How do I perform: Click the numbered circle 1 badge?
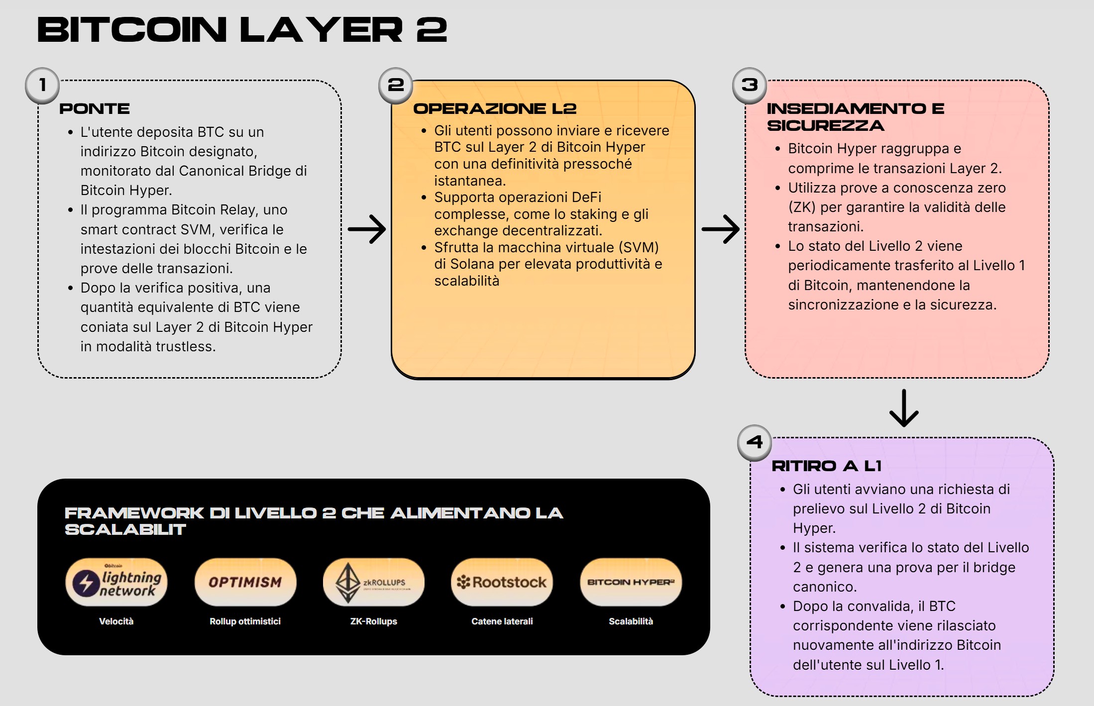pos(42,86)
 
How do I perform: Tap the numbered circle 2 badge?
pos(396,86)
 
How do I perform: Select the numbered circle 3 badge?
pos(750,86)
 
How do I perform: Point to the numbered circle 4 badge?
pos(755,442)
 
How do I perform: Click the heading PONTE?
pos(95,109)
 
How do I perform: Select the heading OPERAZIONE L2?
pos(495,109)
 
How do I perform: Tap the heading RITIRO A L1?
pos(826,466)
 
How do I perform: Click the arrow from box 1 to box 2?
pos(367,229)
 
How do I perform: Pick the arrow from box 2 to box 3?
pos(720,229)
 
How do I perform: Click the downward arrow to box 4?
pos(904,408)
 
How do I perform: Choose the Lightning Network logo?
pos(116,582)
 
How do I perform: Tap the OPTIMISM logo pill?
pos(245,582)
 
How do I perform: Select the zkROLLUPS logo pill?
pos(374,582)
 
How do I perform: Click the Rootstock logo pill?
pos(502,582)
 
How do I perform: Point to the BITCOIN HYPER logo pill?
pos(631,582)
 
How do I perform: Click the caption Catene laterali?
pos(502,621)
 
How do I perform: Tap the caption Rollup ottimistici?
pos(245,621)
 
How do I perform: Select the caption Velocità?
pos(116,621)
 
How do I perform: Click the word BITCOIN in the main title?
pos(132,30)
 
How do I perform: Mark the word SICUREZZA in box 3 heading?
pos(826,126)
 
